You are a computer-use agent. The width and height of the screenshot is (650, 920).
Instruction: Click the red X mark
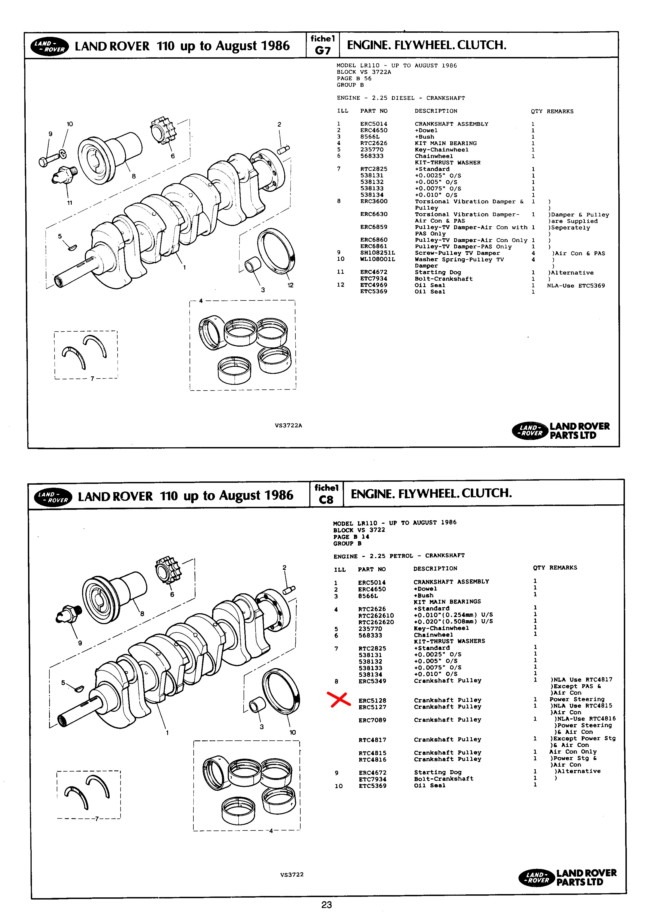tap(339, 699)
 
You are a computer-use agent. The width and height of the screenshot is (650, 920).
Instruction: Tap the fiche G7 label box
tap(322, 45)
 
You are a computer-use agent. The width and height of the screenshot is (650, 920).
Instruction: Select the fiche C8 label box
tap(327, 494)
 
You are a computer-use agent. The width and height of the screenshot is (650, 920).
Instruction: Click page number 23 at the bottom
tap(327, 904)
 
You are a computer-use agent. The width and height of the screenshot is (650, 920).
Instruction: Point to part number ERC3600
tap(374, 201)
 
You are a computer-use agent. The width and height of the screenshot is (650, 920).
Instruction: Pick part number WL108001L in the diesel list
tap(377, 259)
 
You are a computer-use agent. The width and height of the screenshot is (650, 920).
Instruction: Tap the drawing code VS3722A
tap(288, 425)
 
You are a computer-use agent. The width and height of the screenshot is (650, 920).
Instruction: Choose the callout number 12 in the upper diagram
tap(290, 285)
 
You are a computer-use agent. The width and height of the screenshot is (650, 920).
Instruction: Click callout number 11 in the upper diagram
tap(70, 203)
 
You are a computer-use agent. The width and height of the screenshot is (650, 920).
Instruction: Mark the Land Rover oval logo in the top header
tap(50, 46)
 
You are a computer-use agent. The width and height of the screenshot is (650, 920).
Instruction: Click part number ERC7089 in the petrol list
tap(372, 720)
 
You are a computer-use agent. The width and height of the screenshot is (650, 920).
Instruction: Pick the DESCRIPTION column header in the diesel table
tap(436, 111)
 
